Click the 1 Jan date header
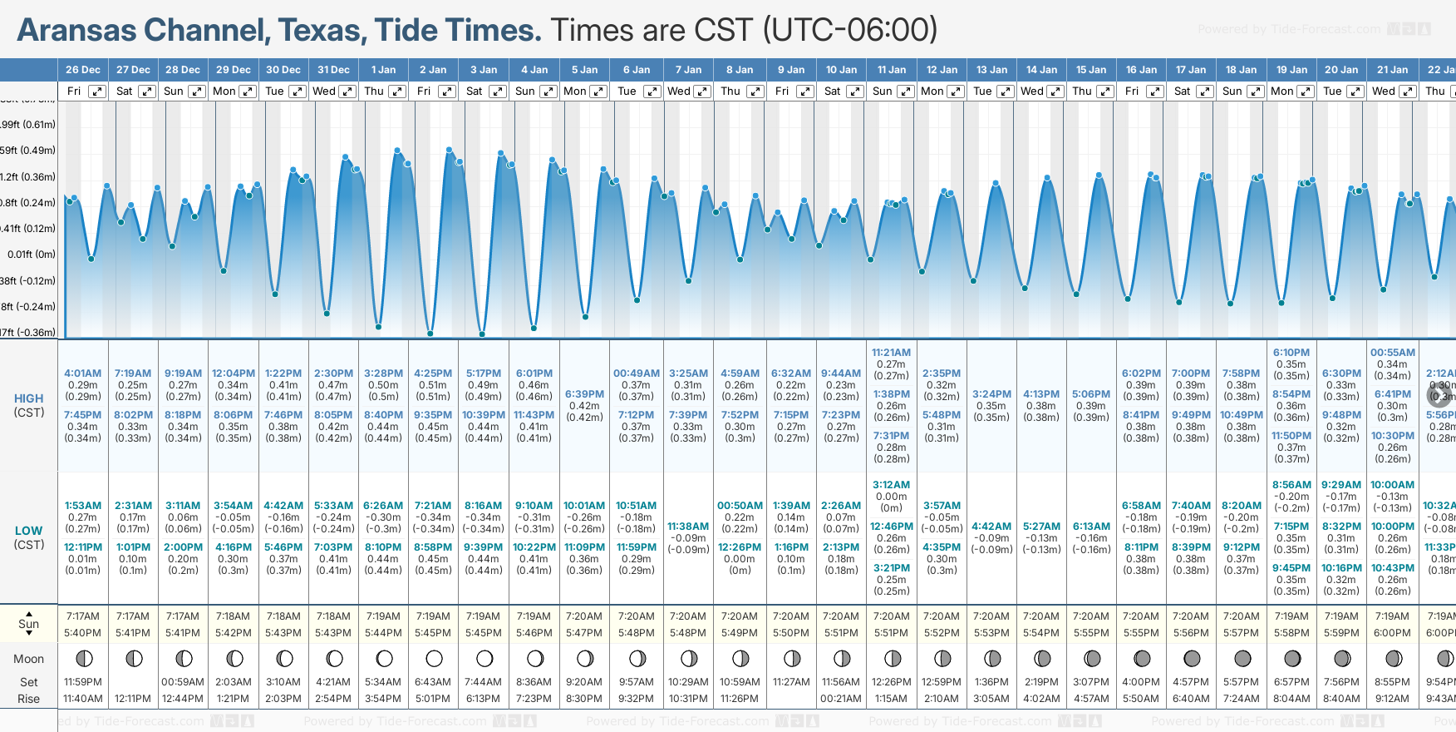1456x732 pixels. click(383, 70)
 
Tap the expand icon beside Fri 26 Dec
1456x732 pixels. click(97, 91)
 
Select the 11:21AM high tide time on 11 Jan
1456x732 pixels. click(891, 353)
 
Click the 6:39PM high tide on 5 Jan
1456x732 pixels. click(584, 394)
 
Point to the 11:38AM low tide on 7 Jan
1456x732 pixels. click(688, 527)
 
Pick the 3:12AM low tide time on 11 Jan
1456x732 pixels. click(891, 485)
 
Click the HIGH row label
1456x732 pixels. click(29, 398)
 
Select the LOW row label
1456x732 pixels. click(29, 531)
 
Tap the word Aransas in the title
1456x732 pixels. click(77, 30)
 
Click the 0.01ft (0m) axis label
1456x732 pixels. click(32, 255)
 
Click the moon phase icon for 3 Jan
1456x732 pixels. click(485, 659)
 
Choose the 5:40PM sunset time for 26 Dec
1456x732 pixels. click(83, 633)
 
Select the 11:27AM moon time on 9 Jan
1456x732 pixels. click(791, 682)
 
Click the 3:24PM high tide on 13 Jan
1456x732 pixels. click(991, 394)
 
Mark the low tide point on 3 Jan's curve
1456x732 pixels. click(482, 334)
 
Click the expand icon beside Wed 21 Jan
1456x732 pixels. click(1406, 91)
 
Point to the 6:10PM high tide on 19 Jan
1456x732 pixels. click(1291, 353)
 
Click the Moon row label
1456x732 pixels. click(29, 659)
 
